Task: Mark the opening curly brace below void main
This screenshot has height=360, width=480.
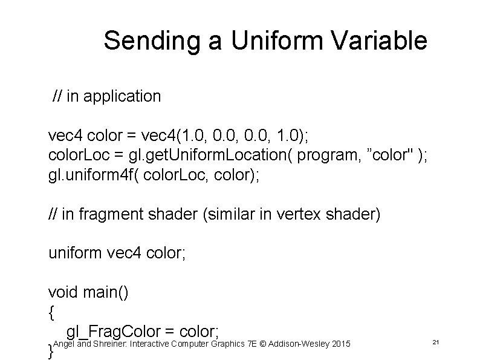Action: coord(51,312)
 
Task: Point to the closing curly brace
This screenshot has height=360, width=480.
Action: coord(50,351)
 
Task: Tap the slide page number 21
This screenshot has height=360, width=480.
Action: coord(436,343)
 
